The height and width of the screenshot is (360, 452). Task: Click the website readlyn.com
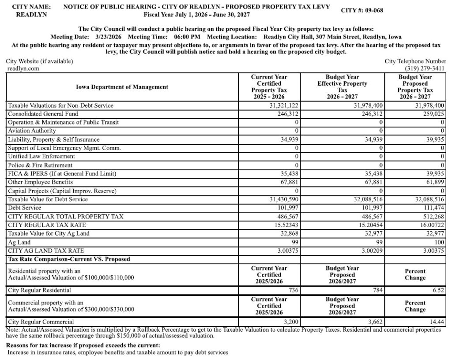(23, 68)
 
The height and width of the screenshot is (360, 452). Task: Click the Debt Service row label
(25, 208)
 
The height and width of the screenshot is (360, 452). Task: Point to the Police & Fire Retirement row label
(40, 165)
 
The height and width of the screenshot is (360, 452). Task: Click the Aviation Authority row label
(32, 131)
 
